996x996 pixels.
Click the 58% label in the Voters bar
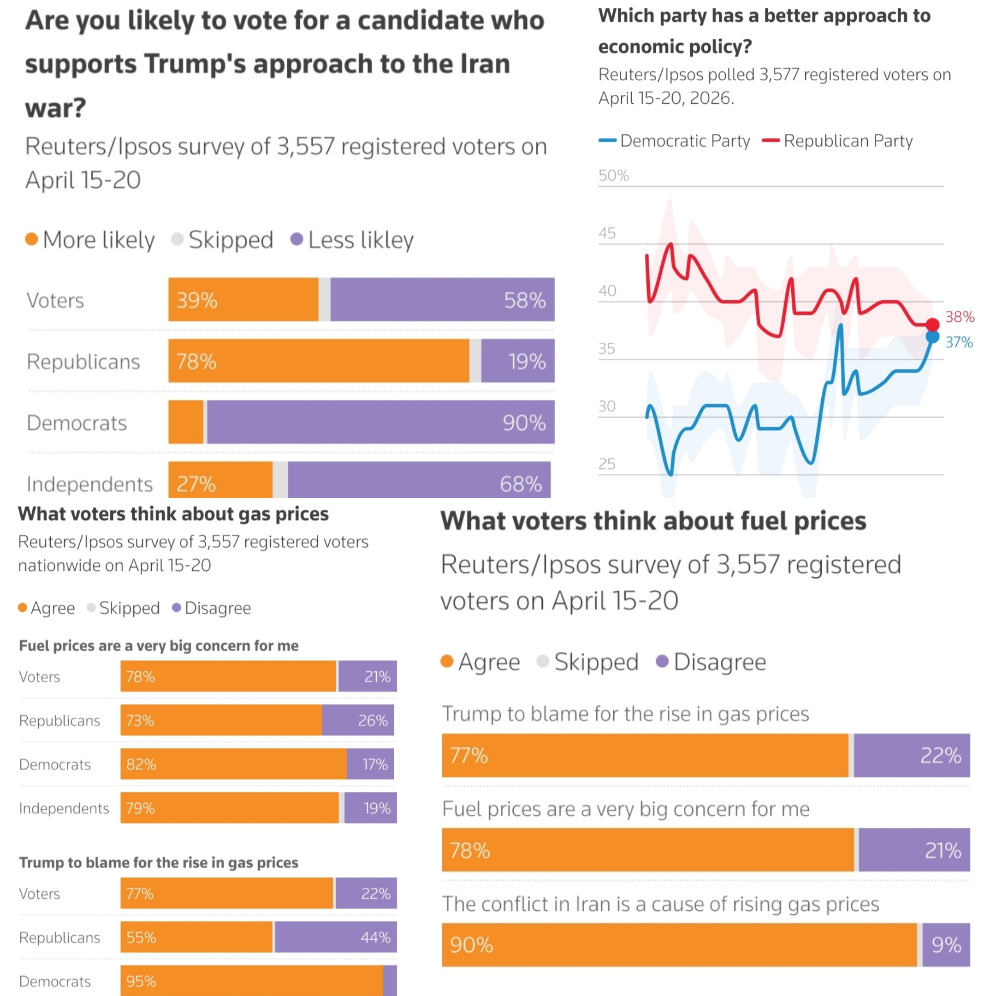click(x=524, y=300)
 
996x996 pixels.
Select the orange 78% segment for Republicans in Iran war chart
click(x=319, y=361)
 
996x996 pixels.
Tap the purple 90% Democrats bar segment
click(x=380, y=422)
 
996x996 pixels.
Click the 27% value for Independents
click(x=196, y=484)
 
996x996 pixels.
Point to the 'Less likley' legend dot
click(x=296, y=239)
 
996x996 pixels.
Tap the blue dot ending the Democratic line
click(x=932, y=337)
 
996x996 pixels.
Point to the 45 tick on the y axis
click(x=607, y=233)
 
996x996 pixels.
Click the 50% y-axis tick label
click(x=613, y=176)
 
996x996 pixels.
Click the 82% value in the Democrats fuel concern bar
click(x=141, y=764)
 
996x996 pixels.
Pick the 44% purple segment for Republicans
click(x=336, y=937)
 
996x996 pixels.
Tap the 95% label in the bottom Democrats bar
click(x=141, y=981)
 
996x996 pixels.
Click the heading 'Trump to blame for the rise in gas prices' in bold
click(x=158, y=862)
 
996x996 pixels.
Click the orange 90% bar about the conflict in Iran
click(x=678, y=945)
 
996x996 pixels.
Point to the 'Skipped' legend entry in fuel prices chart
click(x=588, y=661)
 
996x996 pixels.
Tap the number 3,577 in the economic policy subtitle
click(x=778, y=75)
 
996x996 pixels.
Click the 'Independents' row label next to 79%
click(x=64, y=808)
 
